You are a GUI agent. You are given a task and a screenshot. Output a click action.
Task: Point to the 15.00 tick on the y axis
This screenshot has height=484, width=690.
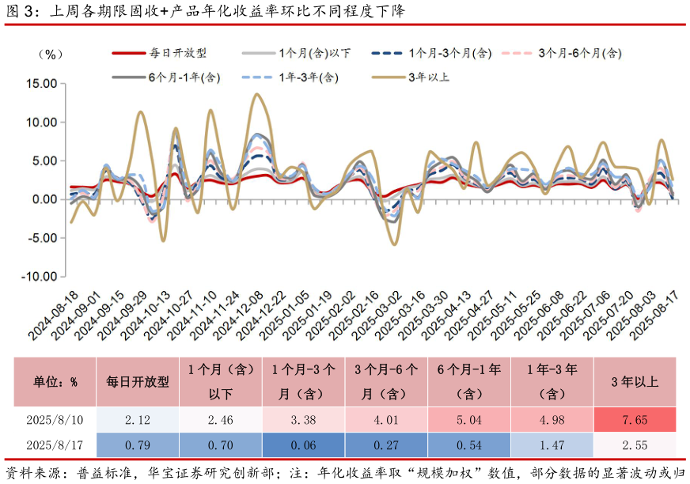(x=41, y=83)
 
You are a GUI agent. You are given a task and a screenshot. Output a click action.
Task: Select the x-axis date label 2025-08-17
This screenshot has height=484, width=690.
(x=661, y=316)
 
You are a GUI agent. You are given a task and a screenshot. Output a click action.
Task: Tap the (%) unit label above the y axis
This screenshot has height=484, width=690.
(x=49, y=54)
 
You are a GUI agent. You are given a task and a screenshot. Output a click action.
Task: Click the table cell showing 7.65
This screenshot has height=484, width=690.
(x=635, y=420)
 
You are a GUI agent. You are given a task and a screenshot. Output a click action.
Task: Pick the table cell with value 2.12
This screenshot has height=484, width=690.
(x=138, y=420)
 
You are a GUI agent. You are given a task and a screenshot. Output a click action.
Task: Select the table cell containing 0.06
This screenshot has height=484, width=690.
(x=304, y=445)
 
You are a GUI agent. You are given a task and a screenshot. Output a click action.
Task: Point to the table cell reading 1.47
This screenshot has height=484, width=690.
(x=552, y=445)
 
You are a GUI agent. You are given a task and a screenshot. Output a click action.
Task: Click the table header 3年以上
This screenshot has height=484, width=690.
(x=635, y=381)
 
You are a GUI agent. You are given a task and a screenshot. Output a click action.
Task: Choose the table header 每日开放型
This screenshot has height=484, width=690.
(x=138, y=381)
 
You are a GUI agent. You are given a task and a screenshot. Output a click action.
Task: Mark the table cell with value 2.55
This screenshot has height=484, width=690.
(x=635, y=445)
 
